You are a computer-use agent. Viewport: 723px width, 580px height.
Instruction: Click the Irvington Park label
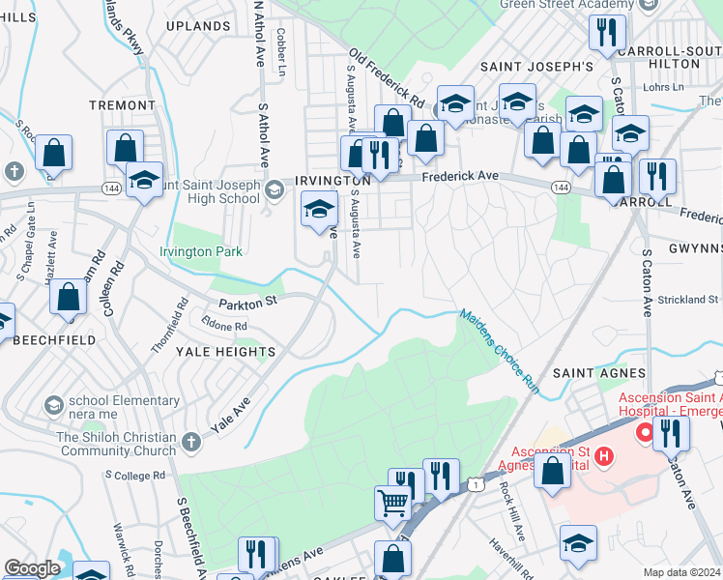[201, 251]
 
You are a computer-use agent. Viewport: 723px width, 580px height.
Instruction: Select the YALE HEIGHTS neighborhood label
[225, 352]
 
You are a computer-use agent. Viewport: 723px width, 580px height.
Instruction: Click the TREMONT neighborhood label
[122, 104]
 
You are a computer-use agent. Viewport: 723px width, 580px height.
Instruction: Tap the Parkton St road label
[248, 302]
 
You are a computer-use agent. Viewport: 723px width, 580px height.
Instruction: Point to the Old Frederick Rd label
[387, 79]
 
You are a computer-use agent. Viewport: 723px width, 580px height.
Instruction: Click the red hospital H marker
[604, 455]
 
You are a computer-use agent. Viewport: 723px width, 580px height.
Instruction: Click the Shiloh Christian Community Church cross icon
[191, 442]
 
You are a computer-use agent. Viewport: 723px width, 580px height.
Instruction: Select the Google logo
[33, 568]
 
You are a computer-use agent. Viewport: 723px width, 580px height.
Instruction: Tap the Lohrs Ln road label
[662, 87]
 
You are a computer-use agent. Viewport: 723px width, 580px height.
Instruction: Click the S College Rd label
[139, 476]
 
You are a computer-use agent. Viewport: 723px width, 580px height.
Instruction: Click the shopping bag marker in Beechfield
[69, 299]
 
